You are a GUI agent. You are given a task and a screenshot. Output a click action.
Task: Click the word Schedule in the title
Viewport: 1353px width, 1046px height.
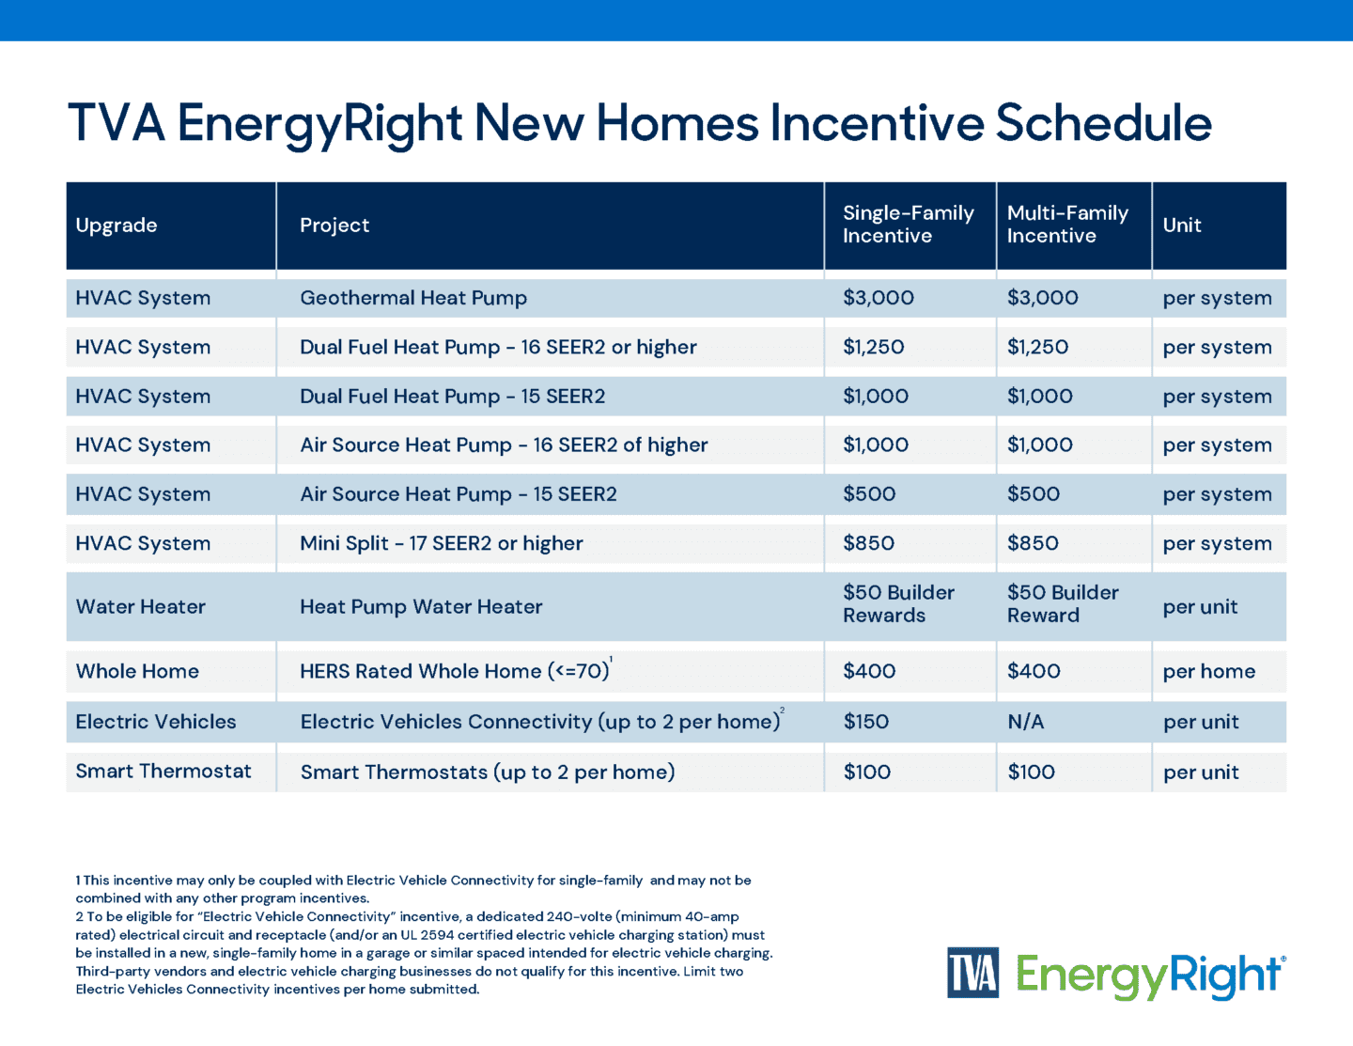point(1103,123)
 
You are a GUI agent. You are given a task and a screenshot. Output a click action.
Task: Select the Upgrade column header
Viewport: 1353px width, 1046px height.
point(117,226)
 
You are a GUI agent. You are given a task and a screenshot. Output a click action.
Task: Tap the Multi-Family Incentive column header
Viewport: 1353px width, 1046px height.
point(1067,225)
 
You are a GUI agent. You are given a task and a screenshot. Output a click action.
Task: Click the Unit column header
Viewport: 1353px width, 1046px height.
point(1182,226)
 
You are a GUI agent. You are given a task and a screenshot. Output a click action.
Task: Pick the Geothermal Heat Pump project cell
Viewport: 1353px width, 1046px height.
point(413,298)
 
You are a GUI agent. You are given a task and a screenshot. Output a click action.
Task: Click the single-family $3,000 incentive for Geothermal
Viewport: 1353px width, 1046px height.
point(878,298)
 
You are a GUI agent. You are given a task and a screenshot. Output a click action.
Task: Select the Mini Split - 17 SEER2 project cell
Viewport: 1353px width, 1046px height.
point(442,543)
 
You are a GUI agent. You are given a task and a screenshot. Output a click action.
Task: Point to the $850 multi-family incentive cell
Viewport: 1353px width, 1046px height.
point(1033,543)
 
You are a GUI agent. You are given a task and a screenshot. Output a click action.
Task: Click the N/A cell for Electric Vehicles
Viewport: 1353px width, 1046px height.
point(1025,722)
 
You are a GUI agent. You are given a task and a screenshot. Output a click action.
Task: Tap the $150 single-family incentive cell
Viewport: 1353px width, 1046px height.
point(865,722)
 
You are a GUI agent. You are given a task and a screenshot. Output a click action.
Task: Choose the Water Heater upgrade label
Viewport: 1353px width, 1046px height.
point(141,607)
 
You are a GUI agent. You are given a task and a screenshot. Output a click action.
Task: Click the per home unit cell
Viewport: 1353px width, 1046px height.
point(1208,672)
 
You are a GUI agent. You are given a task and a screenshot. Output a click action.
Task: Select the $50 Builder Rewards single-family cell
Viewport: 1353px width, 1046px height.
point(897,604)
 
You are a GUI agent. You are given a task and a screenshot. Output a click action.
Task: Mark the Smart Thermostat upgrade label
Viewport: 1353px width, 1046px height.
point(163,772)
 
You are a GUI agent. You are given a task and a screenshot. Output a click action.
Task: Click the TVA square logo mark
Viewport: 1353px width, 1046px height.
point(972,973)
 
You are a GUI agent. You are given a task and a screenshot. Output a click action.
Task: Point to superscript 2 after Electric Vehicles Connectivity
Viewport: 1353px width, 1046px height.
point(782,710)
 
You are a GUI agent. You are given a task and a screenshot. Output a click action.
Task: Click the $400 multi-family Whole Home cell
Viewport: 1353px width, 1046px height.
point(1034,672)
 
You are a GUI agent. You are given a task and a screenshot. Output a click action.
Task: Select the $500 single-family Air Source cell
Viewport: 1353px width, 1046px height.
point(869,494)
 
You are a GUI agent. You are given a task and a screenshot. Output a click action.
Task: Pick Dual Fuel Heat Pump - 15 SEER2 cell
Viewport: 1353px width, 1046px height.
point(452,397)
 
